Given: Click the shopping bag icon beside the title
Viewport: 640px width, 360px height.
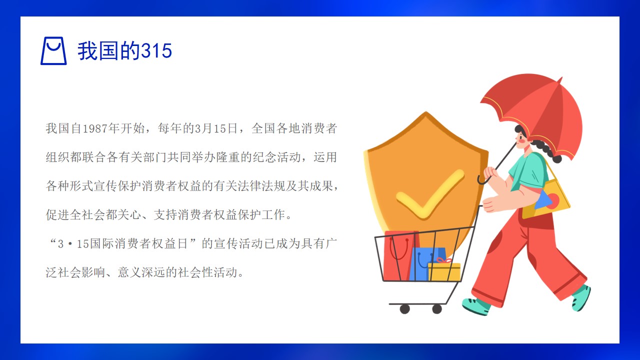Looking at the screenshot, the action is (x=53, y=51).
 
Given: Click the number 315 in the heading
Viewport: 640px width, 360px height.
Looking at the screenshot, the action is (x=156, y=51).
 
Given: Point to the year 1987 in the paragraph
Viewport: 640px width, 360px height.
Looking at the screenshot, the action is (x=95, y=128).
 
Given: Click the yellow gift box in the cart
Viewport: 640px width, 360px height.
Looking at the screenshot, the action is (x=444, y=271).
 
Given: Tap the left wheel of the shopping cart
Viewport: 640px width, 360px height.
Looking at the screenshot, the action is (x=405, y=309).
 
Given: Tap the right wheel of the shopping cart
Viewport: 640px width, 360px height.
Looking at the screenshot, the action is (x=437, y=309).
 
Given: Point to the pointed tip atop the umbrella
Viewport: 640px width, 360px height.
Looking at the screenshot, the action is (x=560, y=79).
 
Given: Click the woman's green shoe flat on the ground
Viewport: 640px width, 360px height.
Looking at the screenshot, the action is (x=476, y=306).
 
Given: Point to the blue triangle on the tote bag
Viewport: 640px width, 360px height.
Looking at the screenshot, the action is (x=543, y=199).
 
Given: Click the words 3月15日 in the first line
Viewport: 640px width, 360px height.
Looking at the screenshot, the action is (x=216, y=128).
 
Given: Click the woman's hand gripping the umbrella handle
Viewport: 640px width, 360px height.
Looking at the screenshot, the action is (x=490, y=173).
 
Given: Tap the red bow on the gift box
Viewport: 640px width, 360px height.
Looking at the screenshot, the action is (x=443, y=260).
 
